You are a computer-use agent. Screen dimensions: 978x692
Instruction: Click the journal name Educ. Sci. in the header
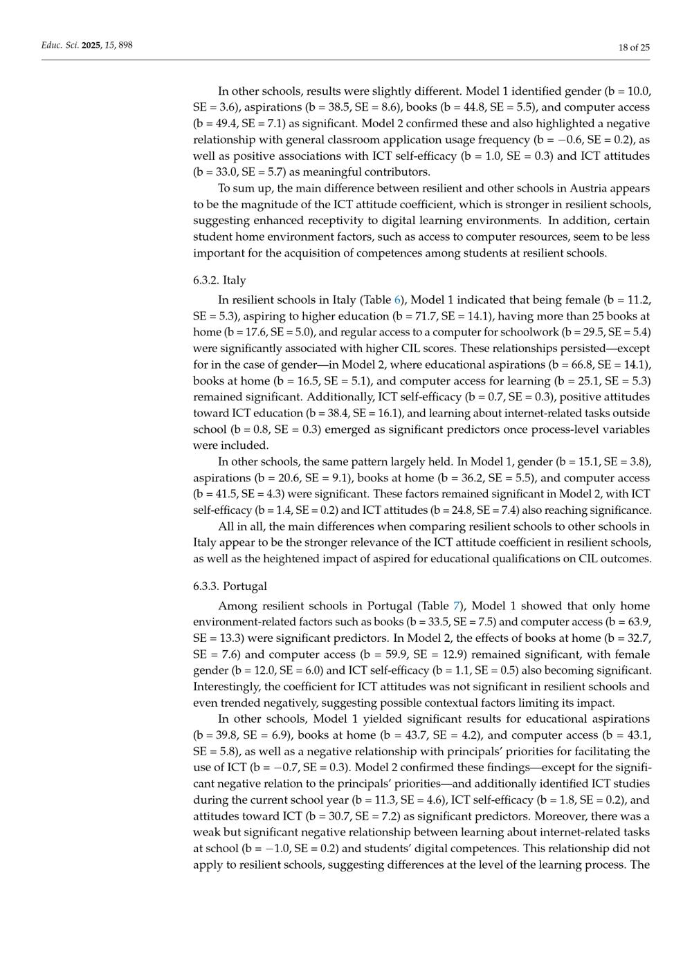[60, 46]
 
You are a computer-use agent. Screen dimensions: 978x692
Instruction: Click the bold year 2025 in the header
[91, 46]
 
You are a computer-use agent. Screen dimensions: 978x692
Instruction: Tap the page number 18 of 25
[634, 47]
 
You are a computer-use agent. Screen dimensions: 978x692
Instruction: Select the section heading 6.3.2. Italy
[219, 280]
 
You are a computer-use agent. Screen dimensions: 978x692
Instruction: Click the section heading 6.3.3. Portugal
[230, 586]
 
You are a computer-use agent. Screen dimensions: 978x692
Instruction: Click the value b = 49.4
[216, 123]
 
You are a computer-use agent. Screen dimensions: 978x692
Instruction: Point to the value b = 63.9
[623, 622]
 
